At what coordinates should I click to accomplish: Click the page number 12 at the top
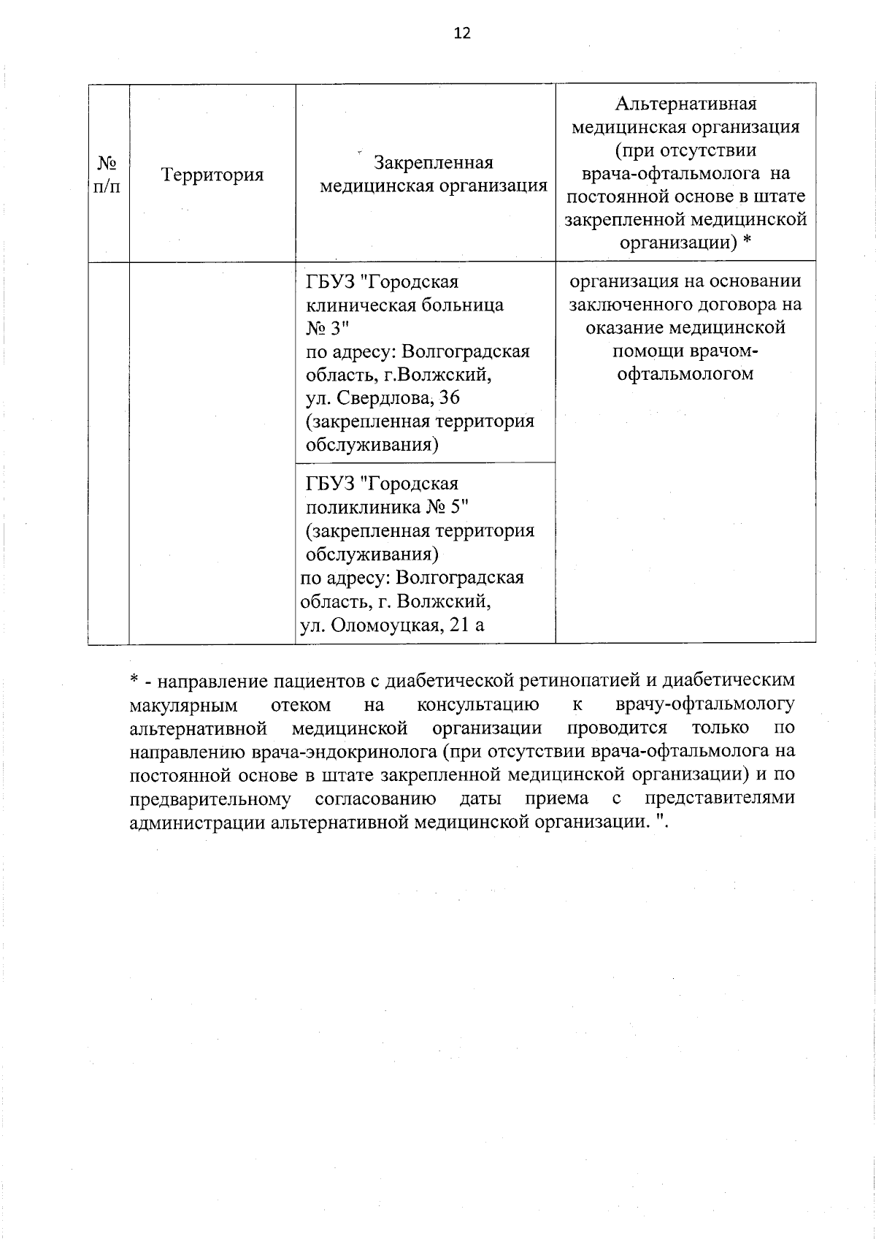(x=462, y=34)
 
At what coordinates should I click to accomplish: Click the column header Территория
(x=212, y=175)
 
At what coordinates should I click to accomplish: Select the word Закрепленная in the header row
(x=434, y=162)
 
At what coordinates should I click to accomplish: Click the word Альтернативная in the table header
(x=685, y=104)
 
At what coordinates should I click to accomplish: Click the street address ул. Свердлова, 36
(x=383, y=398)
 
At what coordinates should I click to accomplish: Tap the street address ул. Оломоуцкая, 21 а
(x=392, y=625)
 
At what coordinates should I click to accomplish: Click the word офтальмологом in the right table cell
(x=685, y=374)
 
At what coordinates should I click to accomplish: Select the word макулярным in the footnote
(x=183, y=705)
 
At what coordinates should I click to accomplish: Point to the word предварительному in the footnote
(x=210, y=798)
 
